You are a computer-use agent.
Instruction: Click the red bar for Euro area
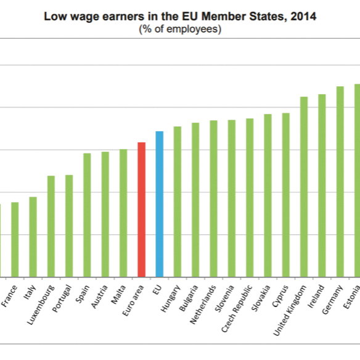[141, 210]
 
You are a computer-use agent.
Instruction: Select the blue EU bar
[159, 204]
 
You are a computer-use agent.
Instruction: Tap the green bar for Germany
[340, 182]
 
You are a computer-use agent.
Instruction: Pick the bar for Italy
[33, 237]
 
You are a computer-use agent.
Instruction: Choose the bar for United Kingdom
[304, 187]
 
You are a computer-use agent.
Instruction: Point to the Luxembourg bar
[51, 226]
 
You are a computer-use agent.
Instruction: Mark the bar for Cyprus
[286, 195]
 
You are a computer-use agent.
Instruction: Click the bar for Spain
[87, 215]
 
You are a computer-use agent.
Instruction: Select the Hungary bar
[178, 202]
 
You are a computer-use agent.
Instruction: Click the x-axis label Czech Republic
[237, 308]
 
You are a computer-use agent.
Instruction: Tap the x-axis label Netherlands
[203, 305]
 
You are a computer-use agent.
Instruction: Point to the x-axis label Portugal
[62, 298]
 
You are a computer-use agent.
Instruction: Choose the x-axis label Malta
[118, 294]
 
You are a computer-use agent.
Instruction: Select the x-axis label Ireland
[316, 296]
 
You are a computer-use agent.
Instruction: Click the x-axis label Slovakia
[261, 298]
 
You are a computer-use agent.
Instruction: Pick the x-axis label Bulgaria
[188, 298]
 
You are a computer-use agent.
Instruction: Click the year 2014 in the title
[303, 17]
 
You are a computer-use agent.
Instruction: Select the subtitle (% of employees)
[180, 29]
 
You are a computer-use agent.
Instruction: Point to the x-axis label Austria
[99, 297]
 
